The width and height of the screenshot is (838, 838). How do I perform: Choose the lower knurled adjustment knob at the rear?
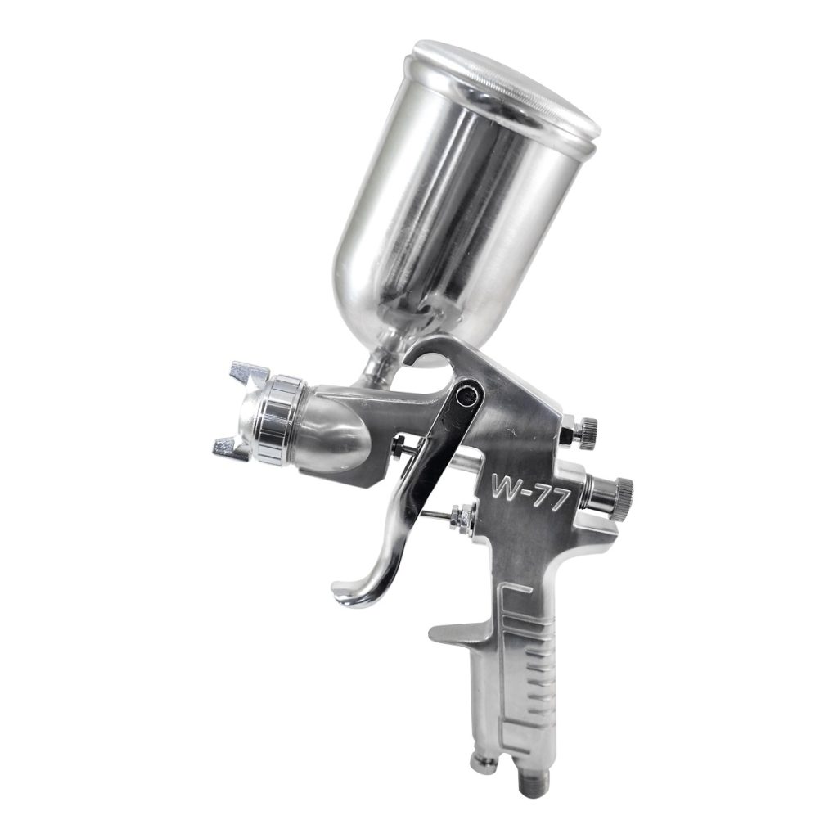[x=619, y=490]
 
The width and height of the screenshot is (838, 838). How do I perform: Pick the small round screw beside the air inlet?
[x=484, y=765]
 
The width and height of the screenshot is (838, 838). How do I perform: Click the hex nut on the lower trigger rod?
[x=459, y=517]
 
